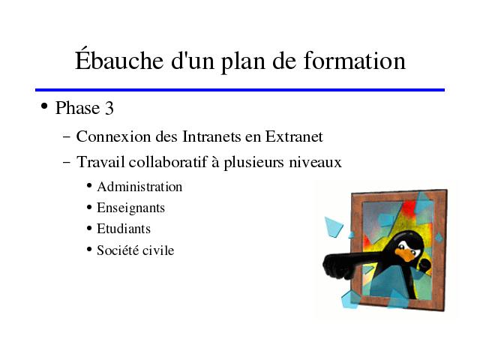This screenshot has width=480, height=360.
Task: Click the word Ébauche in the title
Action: point(119,59)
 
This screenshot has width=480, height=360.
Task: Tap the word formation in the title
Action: point(355,60)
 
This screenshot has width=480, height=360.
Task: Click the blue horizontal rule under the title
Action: point(240,90)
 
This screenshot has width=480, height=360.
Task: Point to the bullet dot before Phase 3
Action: point(44,106)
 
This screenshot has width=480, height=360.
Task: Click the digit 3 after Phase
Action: point(109,108)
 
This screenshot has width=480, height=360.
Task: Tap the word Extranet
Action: point(294,136)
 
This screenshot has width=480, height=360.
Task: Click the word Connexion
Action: point(113,136)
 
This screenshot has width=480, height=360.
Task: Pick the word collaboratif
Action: point(168,162)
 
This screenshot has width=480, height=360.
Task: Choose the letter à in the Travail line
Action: point(215,162)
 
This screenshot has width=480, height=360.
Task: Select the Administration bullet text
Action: point(139,187)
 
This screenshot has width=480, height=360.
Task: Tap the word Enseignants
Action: point(131,208)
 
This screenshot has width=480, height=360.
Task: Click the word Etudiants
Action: point(124,229)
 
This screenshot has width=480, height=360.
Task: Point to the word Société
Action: point(118,250)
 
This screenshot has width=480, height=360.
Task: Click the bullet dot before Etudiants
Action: point(89,228)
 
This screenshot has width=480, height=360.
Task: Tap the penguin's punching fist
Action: point(337,266)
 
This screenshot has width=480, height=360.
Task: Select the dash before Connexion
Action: point(66,136)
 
